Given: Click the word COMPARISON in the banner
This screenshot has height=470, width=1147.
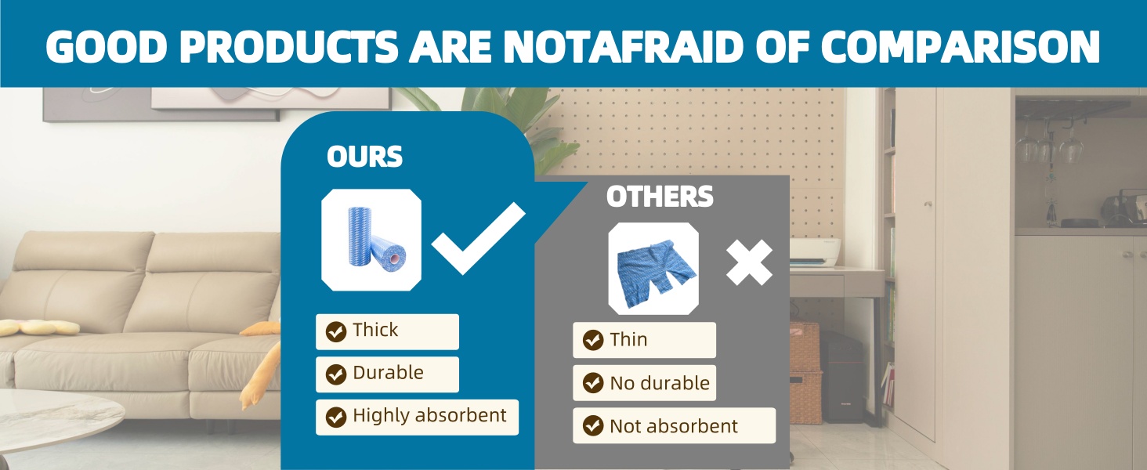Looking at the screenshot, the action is pyautogui.click(x=960, y=46).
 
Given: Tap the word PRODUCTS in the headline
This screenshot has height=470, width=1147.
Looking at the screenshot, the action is pyautogui.click(x=288, y=46).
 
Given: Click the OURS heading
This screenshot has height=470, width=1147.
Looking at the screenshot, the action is pyautogui.click(x=364, y=156).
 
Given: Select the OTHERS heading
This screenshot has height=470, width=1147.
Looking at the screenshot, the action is pyautogui.click(x=660, y=196).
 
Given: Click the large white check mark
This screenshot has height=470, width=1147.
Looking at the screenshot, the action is pyautogui.click(x=478, y=239).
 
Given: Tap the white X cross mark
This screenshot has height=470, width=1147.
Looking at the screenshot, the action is pyautogui.click(x=749, y=262).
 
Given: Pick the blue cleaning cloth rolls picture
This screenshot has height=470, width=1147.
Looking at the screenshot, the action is pyautogui.click(x=371, y=240).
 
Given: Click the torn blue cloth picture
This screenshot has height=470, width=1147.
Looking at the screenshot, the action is pyautogui.click(x=653, y=268).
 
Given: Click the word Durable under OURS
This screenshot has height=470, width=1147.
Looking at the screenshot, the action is pyautogui.click(x=388, y=373).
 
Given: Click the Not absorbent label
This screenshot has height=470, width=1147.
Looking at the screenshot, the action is pyautogui.click(x=673, y=426).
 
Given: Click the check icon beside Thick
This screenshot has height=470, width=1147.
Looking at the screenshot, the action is pyautogui.click(x=336, y=332).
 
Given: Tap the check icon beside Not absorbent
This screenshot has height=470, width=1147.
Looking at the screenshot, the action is pyautogui.click(x=593, y=425).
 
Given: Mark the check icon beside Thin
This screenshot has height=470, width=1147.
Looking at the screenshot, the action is pyautogui.click(x=593, y=340).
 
